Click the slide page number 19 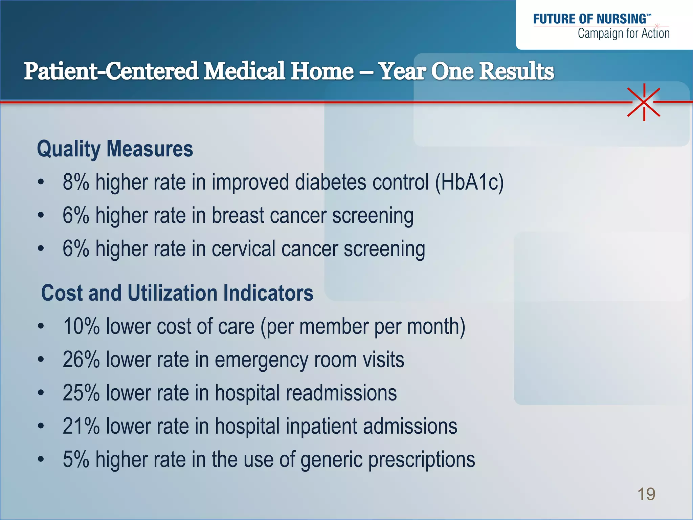(x=646, y=494)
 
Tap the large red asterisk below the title (x=644, y=102)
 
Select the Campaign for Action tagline (x=623, y=34)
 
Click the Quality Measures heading (x=115, y=149)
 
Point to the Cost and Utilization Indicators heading (x=177, y=293)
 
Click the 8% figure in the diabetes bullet (x=76, y=182)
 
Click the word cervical (x=244, y=249)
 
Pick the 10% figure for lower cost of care (x=81, y=326)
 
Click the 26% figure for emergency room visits (x=81, y=360)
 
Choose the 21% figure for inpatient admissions (x=81, y=426)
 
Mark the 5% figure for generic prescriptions (x=76, y=460)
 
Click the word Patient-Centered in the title (x=111, y=71)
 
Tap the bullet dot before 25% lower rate (x=41, y=393)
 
